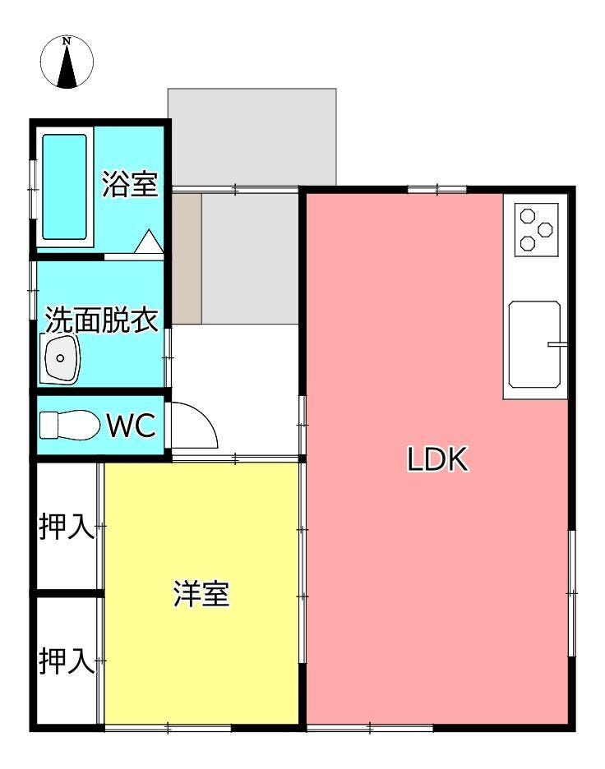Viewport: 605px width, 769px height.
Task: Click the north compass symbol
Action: [67, 62]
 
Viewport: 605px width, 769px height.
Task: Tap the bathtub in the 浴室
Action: [65, 186]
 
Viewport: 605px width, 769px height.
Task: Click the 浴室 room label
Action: [130, 184]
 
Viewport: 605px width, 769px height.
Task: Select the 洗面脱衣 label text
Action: [102, 320]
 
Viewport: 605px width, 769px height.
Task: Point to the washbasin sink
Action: [60, 358]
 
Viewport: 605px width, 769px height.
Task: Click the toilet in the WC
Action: [69, 425]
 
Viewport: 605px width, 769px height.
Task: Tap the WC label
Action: [132, 426]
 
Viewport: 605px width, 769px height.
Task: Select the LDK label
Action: [437, 459]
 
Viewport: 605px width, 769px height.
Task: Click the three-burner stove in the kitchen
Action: [536, 229]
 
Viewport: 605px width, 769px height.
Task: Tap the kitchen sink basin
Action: [534, 344]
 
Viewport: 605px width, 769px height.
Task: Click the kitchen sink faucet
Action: [557, 343]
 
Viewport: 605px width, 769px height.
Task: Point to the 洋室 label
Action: [201, 594]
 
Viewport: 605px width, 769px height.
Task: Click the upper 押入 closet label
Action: [67, 527]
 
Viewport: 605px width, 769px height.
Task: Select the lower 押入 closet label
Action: [67, 661]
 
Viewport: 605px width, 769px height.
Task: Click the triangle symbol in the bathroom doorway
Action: [149, 242]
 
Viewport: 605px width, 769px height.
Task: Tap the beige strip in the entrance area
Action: [187, 259]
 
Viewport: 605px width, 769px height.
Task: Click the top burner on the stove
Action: [528, 215]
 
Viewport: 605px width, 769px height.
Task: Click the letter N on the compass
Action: [67, 42]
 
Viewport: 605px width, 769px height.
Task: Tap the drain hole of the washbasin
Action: [60, 358]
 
